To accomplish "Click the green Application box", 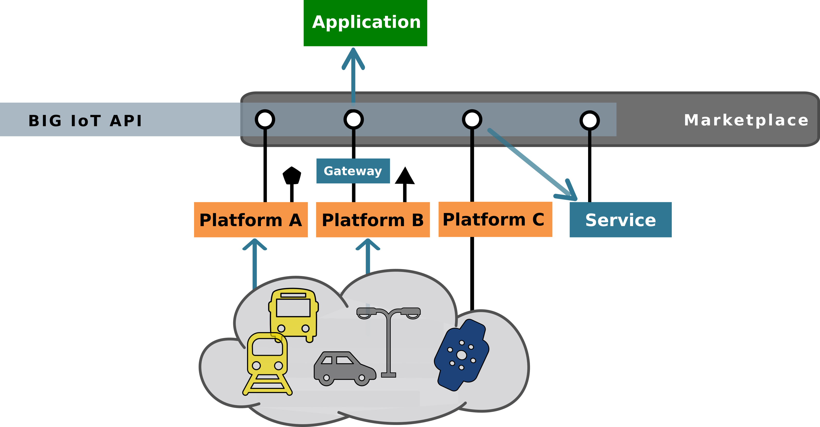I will tap(365, 23).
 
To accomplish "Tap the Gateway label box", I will tap(353, 171).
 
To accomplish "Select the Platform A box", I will tap(251, 220).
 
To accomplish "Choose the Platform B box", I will tap(373, 220).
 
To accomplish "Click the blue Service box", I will tap(621, 220).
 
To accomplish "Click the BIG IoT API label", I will tap(85, 121).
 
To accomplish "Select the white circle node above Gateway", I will tap(353, 119).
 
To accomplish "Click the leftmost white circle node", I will tap(265, 119).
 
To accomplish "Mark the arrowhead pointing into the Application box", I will tap(353, 57).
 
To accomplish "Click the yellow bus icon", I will tap(293, 313).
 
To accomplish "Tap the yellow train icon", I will tap(267, 363).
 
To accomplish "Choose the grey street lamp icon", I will tap(388, 337).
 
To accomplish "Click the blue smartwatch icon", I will tap(461, 355).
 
